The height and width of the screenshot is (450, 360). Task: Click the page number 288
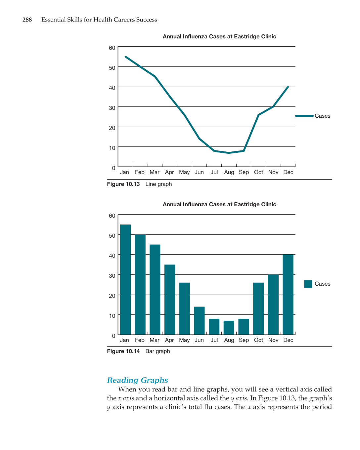click(x=27, y=20)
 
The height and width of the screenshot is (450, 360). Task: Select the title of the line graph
click(x=219, y=37)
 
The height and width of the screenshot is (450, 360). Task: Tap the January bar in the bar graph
click(x=125, y=279)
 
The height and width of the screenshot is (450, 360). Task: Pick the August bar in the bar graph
click(x=229, y=328)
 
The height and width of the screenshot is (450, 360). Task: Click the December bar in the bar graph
click(x=288, y=294)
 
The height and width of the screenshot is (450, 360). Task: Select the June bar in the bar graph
click(x=199, y=321)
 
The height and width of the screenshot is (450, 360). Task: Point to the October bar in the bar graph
click(x=258, y=308)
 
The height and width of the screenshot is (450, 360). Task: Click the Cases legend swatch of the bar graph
click(x=308, y=284)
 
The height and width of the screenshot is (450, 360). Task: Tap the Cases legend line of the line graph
click(x=304, y=116)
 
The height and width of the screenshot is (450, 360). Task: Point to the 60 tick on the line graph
click(x=112, y=48)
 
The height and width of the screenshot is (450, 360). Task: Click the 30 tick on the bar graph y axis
click(x=112, y=276)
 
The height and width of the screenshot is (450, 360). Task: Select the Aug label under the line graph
click(x=229, y=172)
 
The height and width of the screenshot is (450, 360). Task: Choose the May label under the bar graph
click(x=184, y=340)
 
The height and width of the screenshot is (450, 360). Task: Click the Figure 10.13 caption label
click(x=123, y=184)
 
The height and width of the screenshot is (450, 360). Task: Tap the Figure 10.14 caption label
click(x=123, y=351)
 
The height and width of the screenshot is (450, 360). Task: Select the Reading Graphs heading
click(x=137, y=380)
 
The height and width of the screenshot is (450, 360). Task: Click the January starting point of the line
click(x=125, y=57)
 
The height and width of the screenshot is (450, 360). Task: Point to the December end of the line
click(x=288, y=87)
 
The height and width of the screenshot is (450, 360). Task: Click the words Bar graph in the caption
click(x=157, y=351)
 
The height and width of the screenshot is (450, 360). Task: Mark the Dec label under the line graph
click(x=288, y=172)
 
